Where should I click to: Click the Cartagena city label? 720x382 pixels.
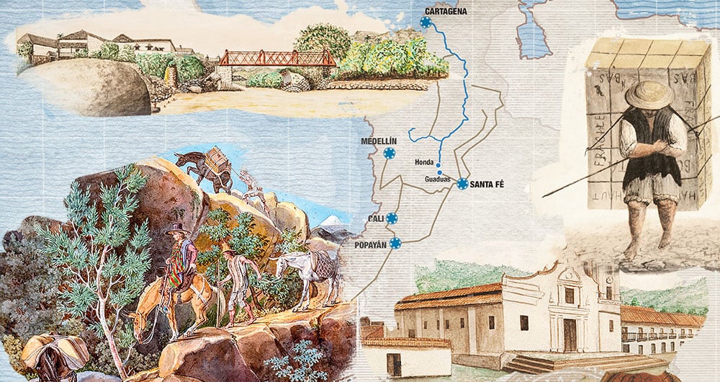pos(446,12)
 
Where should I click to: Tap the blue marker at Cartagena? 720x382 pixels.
pos(426,23)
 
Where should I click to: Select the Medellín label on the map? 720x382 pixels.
pos(379,141)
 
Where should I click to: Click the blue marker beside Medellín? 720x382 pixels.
pos(390,153)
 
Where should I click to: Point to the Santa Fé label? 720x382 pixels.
pos(487,185)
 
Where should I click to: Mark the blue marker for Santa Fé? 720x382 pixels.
pos(462,184)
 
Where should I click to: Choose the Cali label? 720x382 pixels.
pos(375,218)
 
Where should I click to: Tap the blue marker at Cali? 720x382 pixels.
pos(392,218)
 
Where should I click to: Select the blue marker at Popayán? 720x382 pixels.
pos(395,243)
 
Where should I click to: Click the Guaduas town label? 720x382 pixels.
pos(438,179)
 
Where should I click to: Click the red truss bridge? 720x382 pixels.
pos(276,58)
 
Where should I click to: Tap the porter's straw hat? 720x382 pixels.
pos(649,94)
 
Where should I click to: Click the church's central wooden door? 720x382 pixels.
pos(570,334)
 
